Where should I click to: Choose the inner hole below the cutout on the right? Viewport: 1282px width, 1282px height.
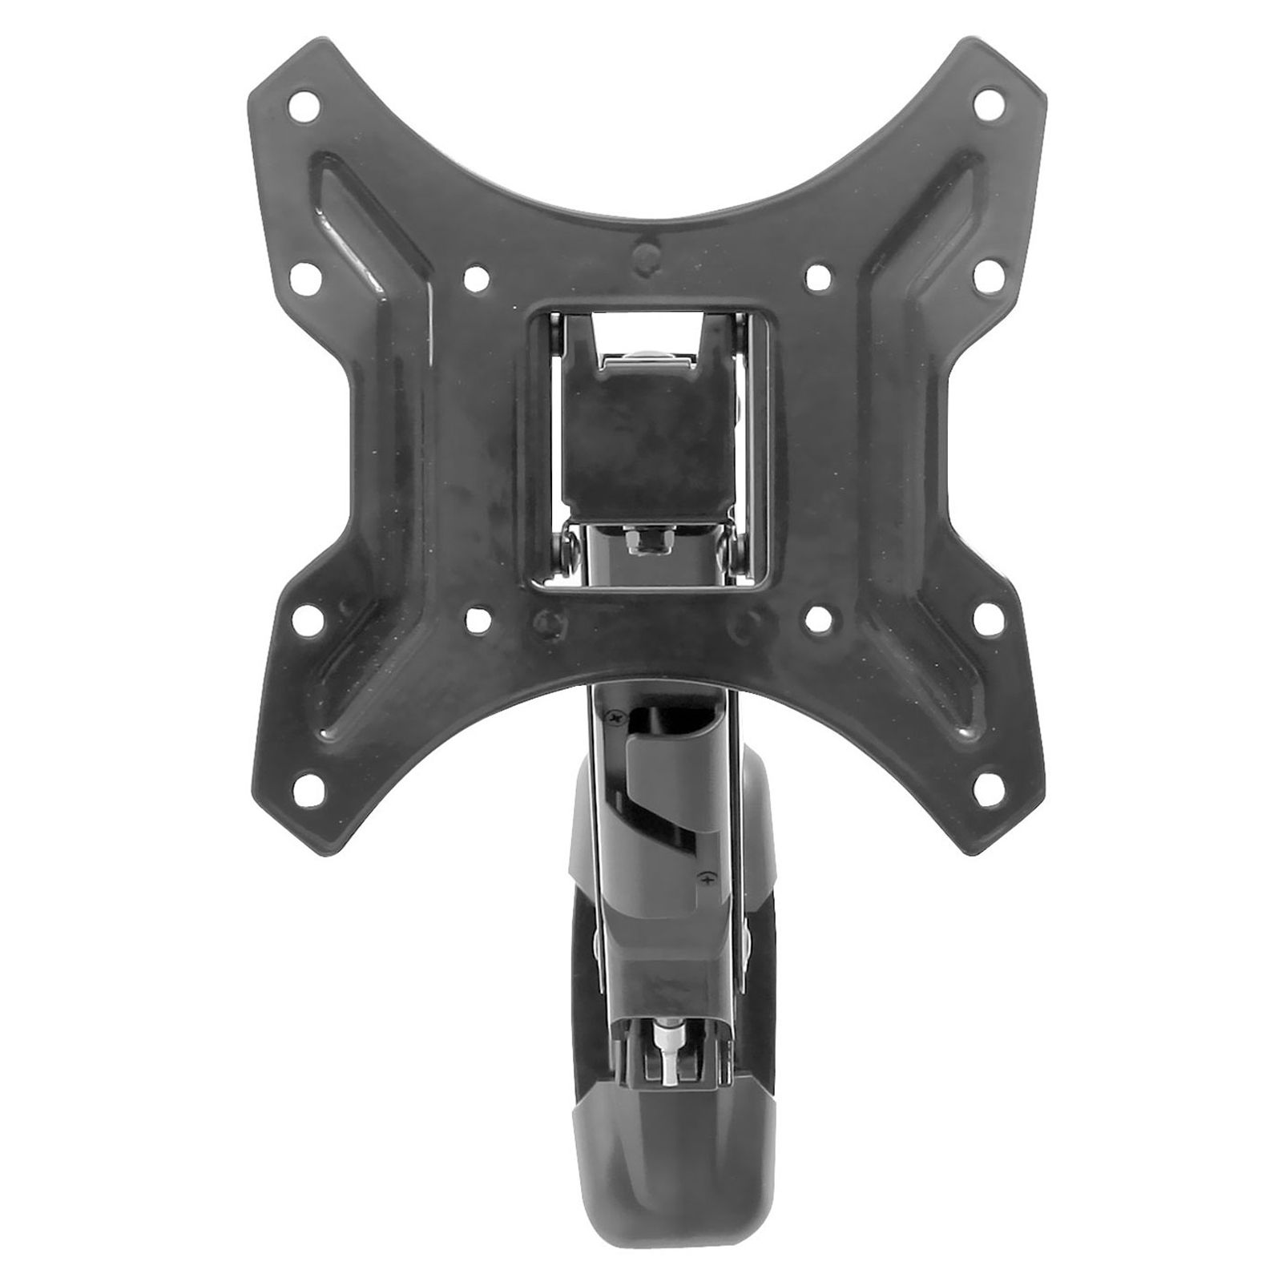click(817, 618)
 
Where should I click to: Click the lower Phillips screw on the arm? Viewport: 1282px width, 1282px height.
click(706, 879)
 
